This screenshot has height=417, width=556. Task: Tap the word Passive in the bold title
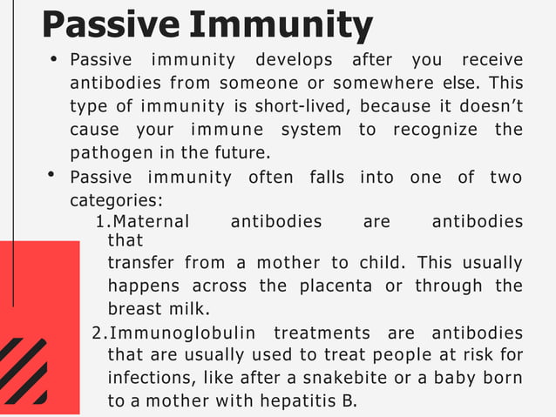pos(110,26)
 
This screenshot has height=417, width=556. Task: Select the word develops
pos(294,60)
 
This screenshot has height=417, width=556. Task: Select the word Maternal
pos(152,221)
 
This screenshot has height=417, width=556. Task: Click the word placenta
pos(333,286)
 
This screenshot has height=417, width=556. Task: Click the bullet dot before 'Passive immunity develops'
pos(53,59)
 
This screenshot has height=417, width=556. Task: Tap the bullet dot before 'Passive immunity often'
pos(53,176)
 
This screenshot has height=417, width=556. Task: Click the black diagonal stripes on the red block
pos(24,371)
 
